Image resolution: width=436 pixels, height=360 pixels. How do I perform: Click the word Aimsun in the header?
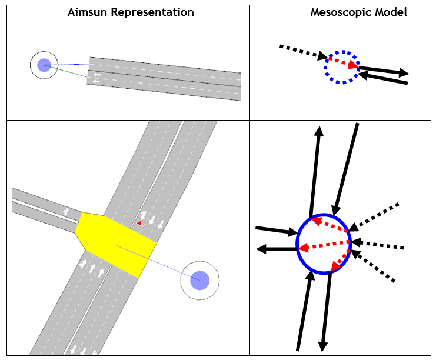tap(88, 12)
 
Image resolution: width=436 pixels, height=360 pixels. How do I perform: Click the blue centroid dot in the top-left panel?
tap(44, 65)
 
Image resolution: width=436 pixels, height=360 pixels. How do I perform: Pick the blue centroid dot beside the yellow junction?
tap(199, 280)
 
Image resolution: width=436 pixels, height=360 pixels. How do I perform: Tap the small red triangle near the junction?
tap(139, 224)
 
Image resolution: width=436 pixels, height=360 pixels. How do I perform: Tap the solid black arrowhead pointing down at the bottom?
tap(324, 345)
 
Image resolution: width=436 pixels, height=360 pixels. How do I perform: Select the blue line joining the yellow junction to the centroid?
tap(159, 262)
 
